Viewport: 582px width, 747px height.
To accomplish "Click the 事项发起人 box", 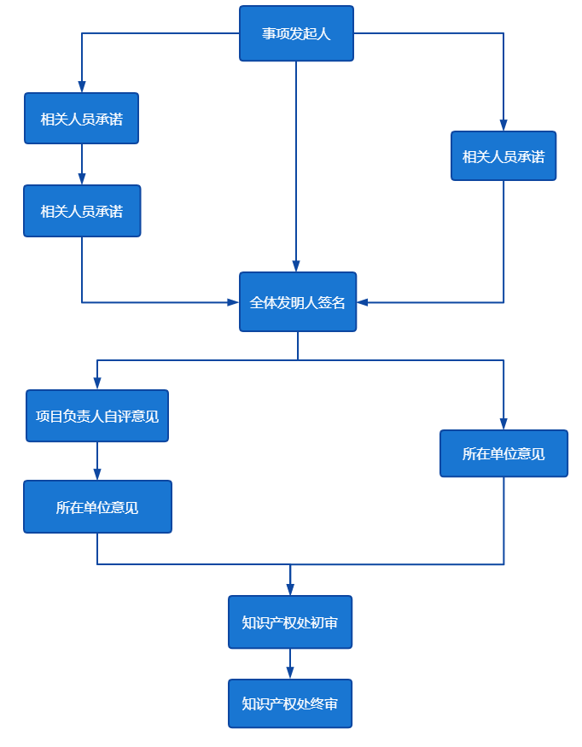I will tap(296, 33).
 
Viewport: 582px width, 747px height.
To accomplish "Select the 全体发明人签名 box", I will tap(297, 301).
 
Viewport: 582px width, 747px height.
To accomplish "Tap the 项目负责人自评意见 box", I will tap(97, 416).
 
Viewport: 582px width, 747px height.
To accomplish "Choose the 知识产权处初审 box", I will tap(290, 622).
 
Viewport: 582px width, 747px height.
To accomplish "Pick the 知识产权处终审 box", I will tap(290, 703).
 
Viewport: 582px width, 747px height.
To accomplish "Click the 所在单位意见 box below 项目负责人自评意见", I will tap(97, 506).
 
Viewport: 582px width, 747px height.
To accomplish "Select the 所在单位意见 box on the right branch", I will tap(503, 453).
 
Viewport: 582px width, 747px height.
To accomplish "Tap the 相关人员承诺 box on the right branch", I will tap(503, 155).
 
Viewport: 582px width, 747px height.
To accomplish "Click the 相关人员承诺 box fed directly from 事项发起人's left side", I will tap(82, 118).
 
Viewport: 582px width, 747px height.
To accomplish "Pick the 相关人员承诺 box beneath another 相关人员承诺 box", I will tap(82, 211).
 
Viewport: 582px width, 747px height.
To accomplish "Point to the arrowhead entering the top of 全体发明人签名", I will tap(296, 266).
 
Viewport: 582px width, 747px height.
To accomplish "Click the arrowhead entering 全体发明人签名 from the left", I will tap(233, 302).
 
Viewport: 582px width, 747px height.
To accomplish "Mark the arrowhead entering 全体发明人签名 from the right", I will tap(363, 302).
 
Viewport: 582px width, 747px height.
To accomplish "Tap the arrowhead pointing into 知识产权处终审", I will tap(290, 674).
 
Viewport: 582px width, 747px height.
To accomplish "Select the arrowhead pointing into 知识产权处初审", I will tap(290, 590).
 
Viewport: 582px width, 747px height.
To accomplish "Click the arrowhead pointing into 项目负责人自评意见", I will tap(97, 384).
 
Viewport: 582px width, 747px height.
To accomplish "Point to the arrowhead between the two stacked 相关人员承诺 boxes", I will tap(82, 179).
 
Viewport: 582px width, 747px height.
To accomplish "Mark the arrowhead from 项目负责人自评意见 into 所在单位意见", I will tap(97, 475).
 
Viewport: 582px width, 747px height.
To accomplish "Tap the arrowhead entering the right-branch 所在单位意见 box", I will tap(503, 424).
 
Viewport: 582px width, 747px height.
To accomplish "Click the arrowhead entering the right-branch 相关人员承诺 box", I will tap(503, 125).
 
